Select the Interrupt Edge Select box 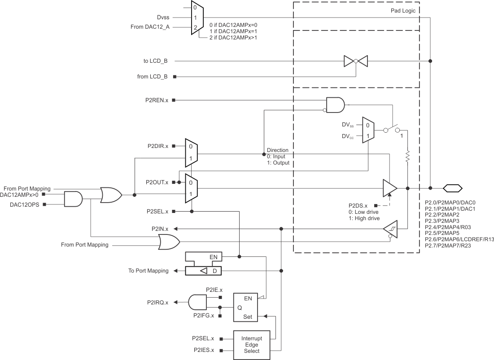[x=252, y=345]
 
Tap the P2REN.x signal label [x=157, y=100]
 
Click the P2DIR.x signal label [x=157, y=146]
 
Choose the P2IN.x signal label [x=160, y=229]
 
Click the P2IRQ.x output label [x=157, y=302]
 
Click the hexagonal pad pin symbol [x=452, y=188]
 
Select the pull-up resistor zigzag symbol [x=407, y=157]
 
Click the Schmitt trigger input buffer [x=390, y=229]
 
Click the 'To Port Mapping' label [x=149, y=271]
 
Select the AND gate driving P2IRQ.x [x=197, y=302]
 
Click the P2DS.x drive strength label [x=358, y=205]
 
